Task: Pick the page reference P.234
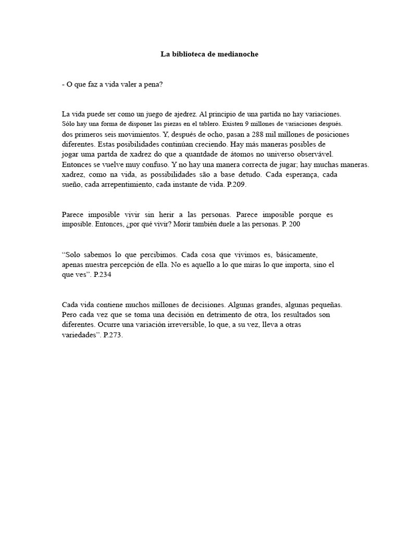point(101,275)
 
